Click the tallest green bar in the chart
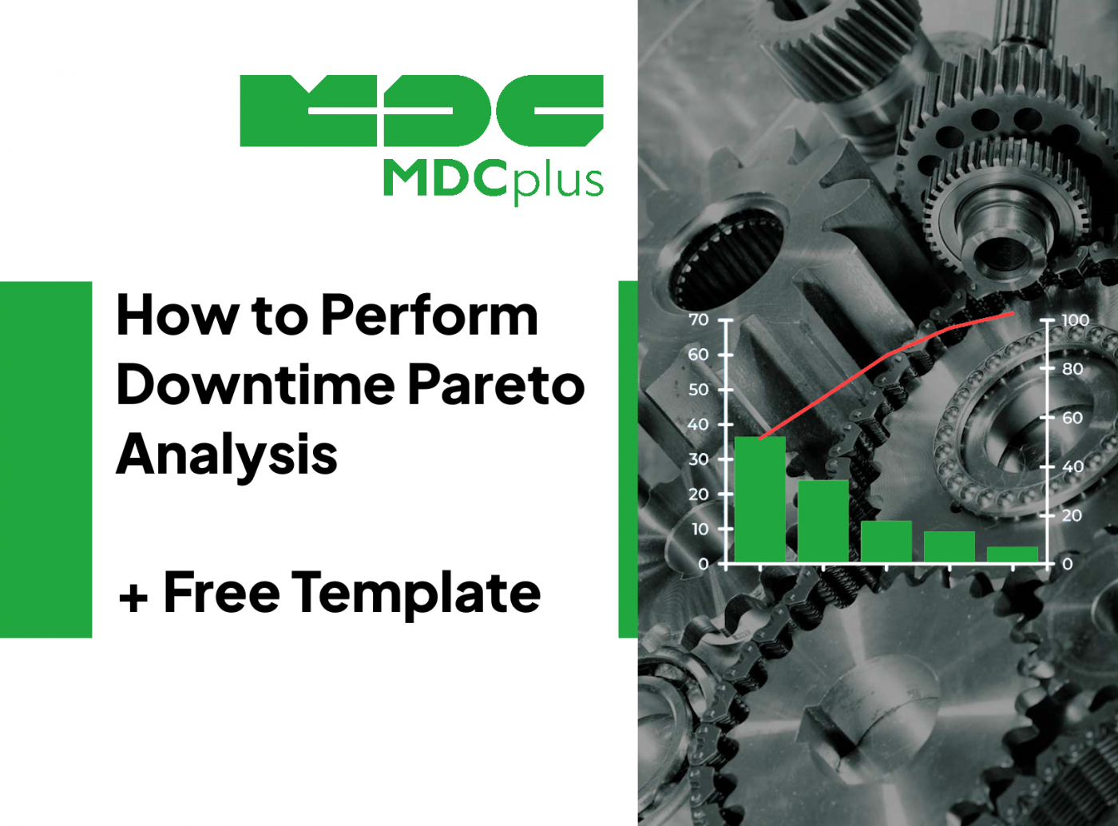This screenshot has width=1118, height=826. (759, 498)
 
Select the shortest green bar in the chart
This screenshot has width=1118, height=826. (1012, 554)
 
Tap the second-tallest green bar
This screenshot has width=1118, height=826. (823, 521)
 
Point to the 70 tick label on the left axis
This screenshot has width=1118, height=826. (698, 320)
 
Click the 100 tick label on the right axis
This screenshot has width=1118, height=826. (1075, 320)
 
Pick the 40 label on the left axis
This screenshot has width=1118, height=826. (698, 425)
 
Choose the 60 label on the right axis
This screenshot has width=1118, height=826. (1072, 418)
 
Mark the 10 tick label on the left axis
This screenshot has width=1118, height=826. (700, 529)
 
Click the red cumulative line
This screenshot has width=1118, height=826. (887, 355)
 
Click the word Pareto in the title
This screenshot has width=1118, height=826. (496, 385)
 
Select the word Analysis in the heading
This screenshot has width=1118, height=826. (227, 456)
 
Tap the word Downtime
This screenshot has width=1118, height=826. (256, 384)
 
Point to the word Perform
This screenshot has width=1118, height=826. (429, 316)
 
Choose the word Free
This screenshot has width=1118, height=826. (222, 591)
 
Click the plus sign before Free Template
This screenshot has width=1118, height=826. (133, 598)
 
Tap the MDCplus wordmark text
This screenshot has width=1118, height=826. (493, 180)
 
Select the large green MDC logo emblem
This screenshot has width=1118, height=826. (422, 111)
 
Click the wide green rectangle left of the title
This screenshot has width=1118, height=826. (46, 459)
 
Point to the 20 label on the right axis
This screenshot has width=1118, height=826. (1072, 515)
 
